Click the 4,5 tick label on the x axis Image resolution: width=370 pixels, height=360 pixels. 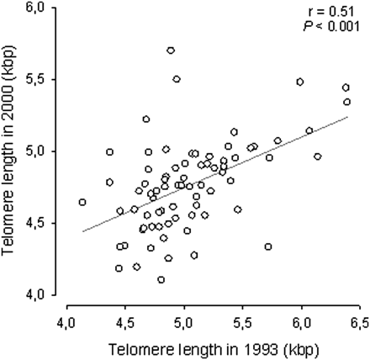point(125,323)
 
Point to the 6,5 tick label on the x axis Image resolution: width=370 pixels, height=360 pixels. point(360,323)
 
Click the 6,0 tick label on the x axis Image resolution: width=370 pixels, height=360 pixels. point(301,323)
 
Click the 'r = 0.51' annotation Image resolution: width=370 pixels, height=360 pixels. point(330,12)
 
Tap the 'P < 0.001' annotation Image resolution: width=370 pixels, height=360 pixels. point(331,27)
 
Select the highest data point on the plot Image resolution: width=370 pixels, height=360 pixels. point(171,50)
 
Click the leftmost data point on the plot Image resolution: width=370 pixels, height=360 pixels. point(82,202)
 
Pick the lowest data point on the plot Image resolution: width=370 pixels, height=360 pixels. point(161,279)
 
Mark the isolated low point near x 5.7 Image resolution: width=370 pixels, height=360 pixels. point(268,246)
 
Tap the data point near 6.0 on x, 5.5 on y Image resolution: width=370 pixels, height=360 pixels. point(300,82)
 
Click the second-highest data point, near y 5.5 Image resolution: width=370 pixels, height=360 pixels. point(177,79)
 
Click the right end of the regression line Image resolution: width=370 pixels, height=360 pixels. point(347,117)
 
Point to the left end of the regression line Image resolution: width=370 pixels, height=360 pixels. point(82,231)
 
